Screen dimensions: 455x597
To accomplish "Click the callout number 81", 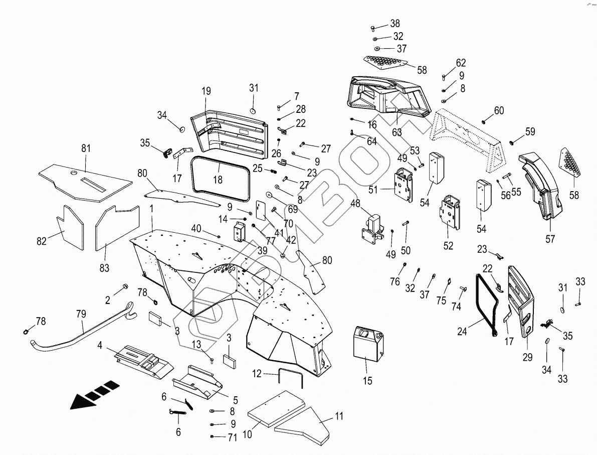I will click(x=86, y=148).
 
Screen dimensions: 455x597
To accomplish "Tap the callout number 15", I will click(x=368, y=381).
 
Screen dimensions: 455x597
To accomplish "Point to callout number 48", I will click(x=355, y=204).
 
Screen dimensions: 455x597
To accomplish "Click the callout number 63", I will click(x=397, y=132).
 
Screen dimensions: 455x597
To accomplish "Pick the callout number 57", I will click(x=550, y=239).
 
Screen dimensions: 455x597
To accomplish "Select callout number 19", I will click(x=207, y=91).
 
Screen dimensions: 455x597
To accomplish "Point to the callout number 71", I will click(x=232, y=438).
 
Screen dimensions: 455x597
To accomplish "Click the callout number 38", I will click(x=395, y=23).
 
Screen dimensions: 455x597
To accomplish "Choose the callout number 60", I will click(x=499, y=110).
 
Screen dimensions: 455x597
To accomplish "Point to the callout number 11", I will click(x=340, y=416).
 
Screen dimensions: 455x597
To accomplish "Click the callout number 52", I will click(x=448, y=246).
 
